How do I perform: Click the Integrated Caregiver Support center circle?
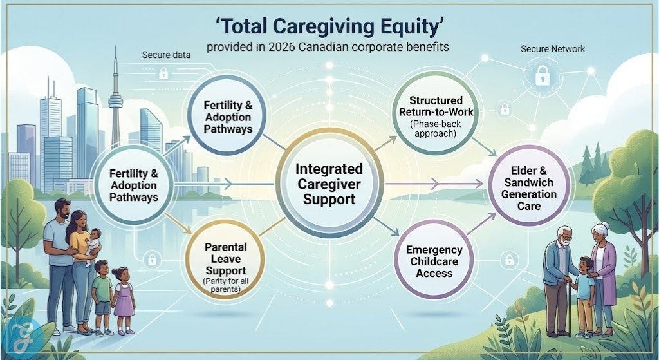tap(329, 184)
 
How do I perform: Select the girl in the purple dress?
tap(123, 299)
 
